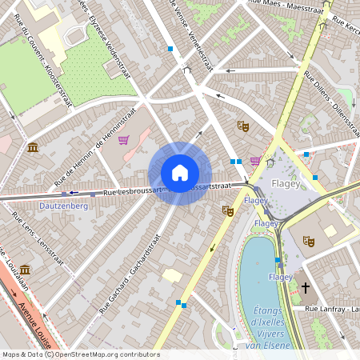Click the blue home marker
point(180,173)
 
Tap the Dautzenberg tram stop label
point(63,206)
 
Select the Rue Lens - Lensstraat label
point(38,239)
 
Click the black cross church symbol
point(305,286)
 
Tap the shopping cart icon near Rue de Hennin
point(123,140)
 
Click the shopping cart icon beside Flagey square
point(255,161)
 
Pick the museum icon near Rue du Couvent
point(32,147)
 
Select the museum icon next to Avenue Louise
point(26,270)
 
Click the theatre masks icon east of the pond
point(309,242)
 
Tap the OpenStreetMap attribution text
point(80,354)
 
